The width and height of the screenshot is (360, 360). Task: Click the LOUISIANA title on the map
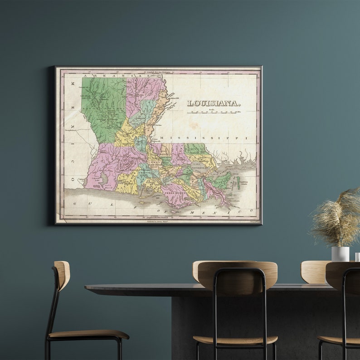[x=214, y=103]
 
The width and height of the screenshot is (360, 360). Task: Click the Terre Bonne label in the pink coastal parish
[x=173, y=192]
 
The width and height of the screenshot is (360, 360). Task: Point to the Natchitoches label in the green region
[x=106, y=109]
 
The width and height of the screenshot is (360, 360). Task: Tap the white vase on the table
[x=340, y=253]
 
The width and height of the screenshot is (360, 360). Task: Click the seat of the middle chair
[x=235, y=340]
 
